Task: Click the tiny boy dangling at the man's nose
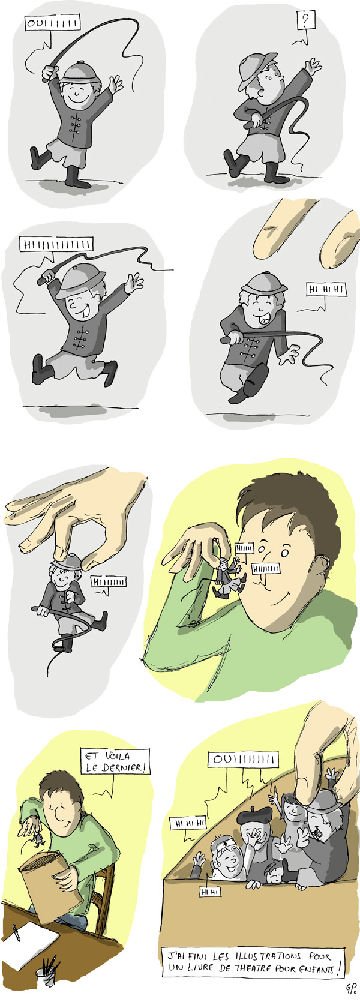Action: (x=229, y=577)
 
